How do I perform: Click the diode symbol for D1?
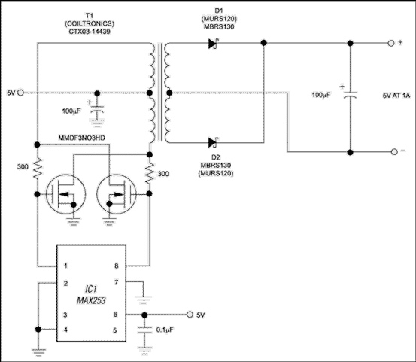point(214,44)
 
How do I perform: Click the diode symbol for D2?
point(214,141)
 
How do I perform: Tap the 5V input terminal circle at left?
point(20,93)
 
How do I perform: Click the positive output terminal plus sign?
point(390,44)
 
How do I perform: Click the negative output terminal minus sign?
point(390,152)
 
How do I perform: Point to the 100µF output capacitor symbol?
point(349,96)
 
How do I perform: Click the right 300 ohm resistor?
point(151,173)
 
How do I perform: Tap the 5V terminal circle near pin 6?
point(190,314)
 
